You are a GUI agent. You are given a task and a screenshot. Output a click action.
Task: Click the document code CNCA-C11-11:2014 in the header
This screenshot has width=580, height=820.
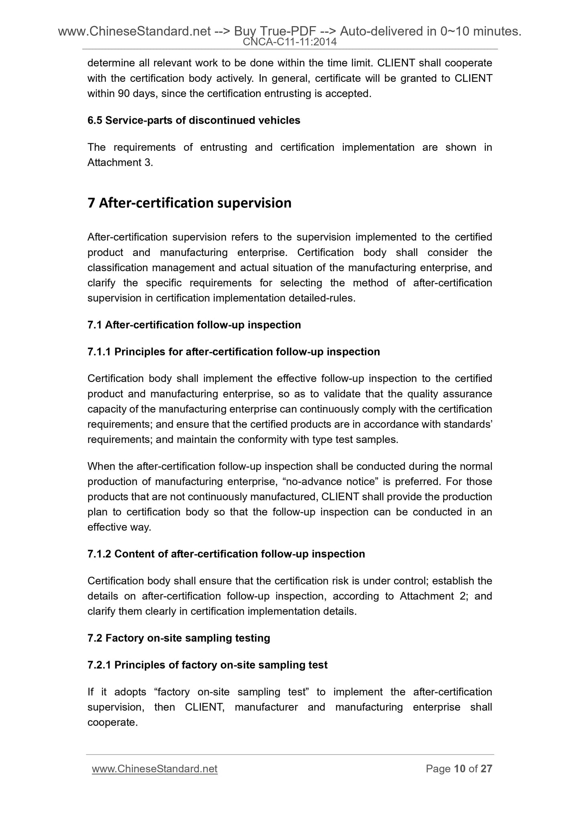290,42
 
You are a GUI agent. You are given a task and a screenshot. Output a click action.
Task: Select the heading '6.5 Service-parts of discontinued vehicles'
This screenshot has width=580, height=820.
193,120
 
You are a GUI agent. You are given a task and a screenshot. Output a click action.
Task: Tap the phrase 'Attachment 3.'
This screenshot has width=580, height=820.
120,163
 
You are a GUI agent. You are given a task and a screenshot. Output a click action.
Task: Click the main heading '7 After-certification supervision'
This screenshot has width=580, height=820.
189,203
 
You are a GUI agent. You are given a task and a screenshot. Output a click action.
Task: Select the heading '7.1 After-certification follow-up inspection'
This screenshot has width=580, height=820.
194,325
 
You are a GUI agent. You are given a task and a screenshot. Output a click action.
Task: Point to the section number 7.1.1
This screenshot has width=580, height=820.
99,352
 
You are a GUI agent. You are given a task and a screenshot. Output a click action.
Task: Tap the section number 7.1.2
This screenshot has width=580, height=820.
99,554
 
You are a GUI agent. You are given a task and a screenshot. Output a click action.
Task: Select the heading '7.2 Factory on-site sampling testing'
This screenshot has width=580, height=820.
179,638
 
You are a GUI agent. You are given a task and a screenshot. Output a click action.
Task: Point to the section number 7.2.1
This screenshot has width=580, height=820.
99,665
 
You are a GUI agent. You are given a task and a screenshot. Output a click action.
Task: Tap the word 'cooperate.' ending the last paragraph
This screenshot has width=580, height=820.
112,723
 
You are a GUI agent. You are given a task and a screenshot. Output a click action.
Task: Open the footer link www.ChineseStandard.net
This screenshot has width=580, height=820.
155,769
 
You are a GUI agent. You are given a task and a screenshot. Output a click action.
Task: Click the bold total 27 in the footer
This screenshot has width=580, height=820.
486,769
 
